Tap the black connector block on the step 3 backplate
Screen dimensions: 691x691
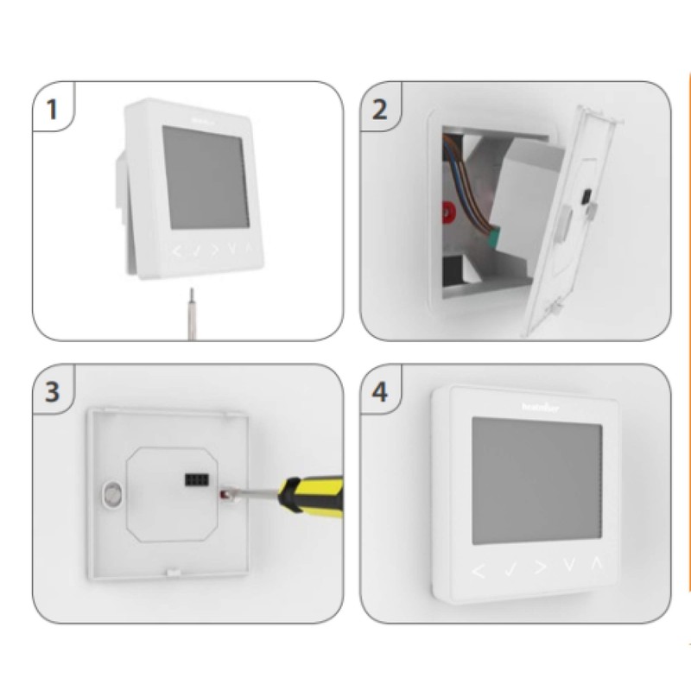click(x=194, y=477)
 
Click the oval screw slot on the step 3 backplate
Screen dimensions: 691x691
click(x=111, y=495)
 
